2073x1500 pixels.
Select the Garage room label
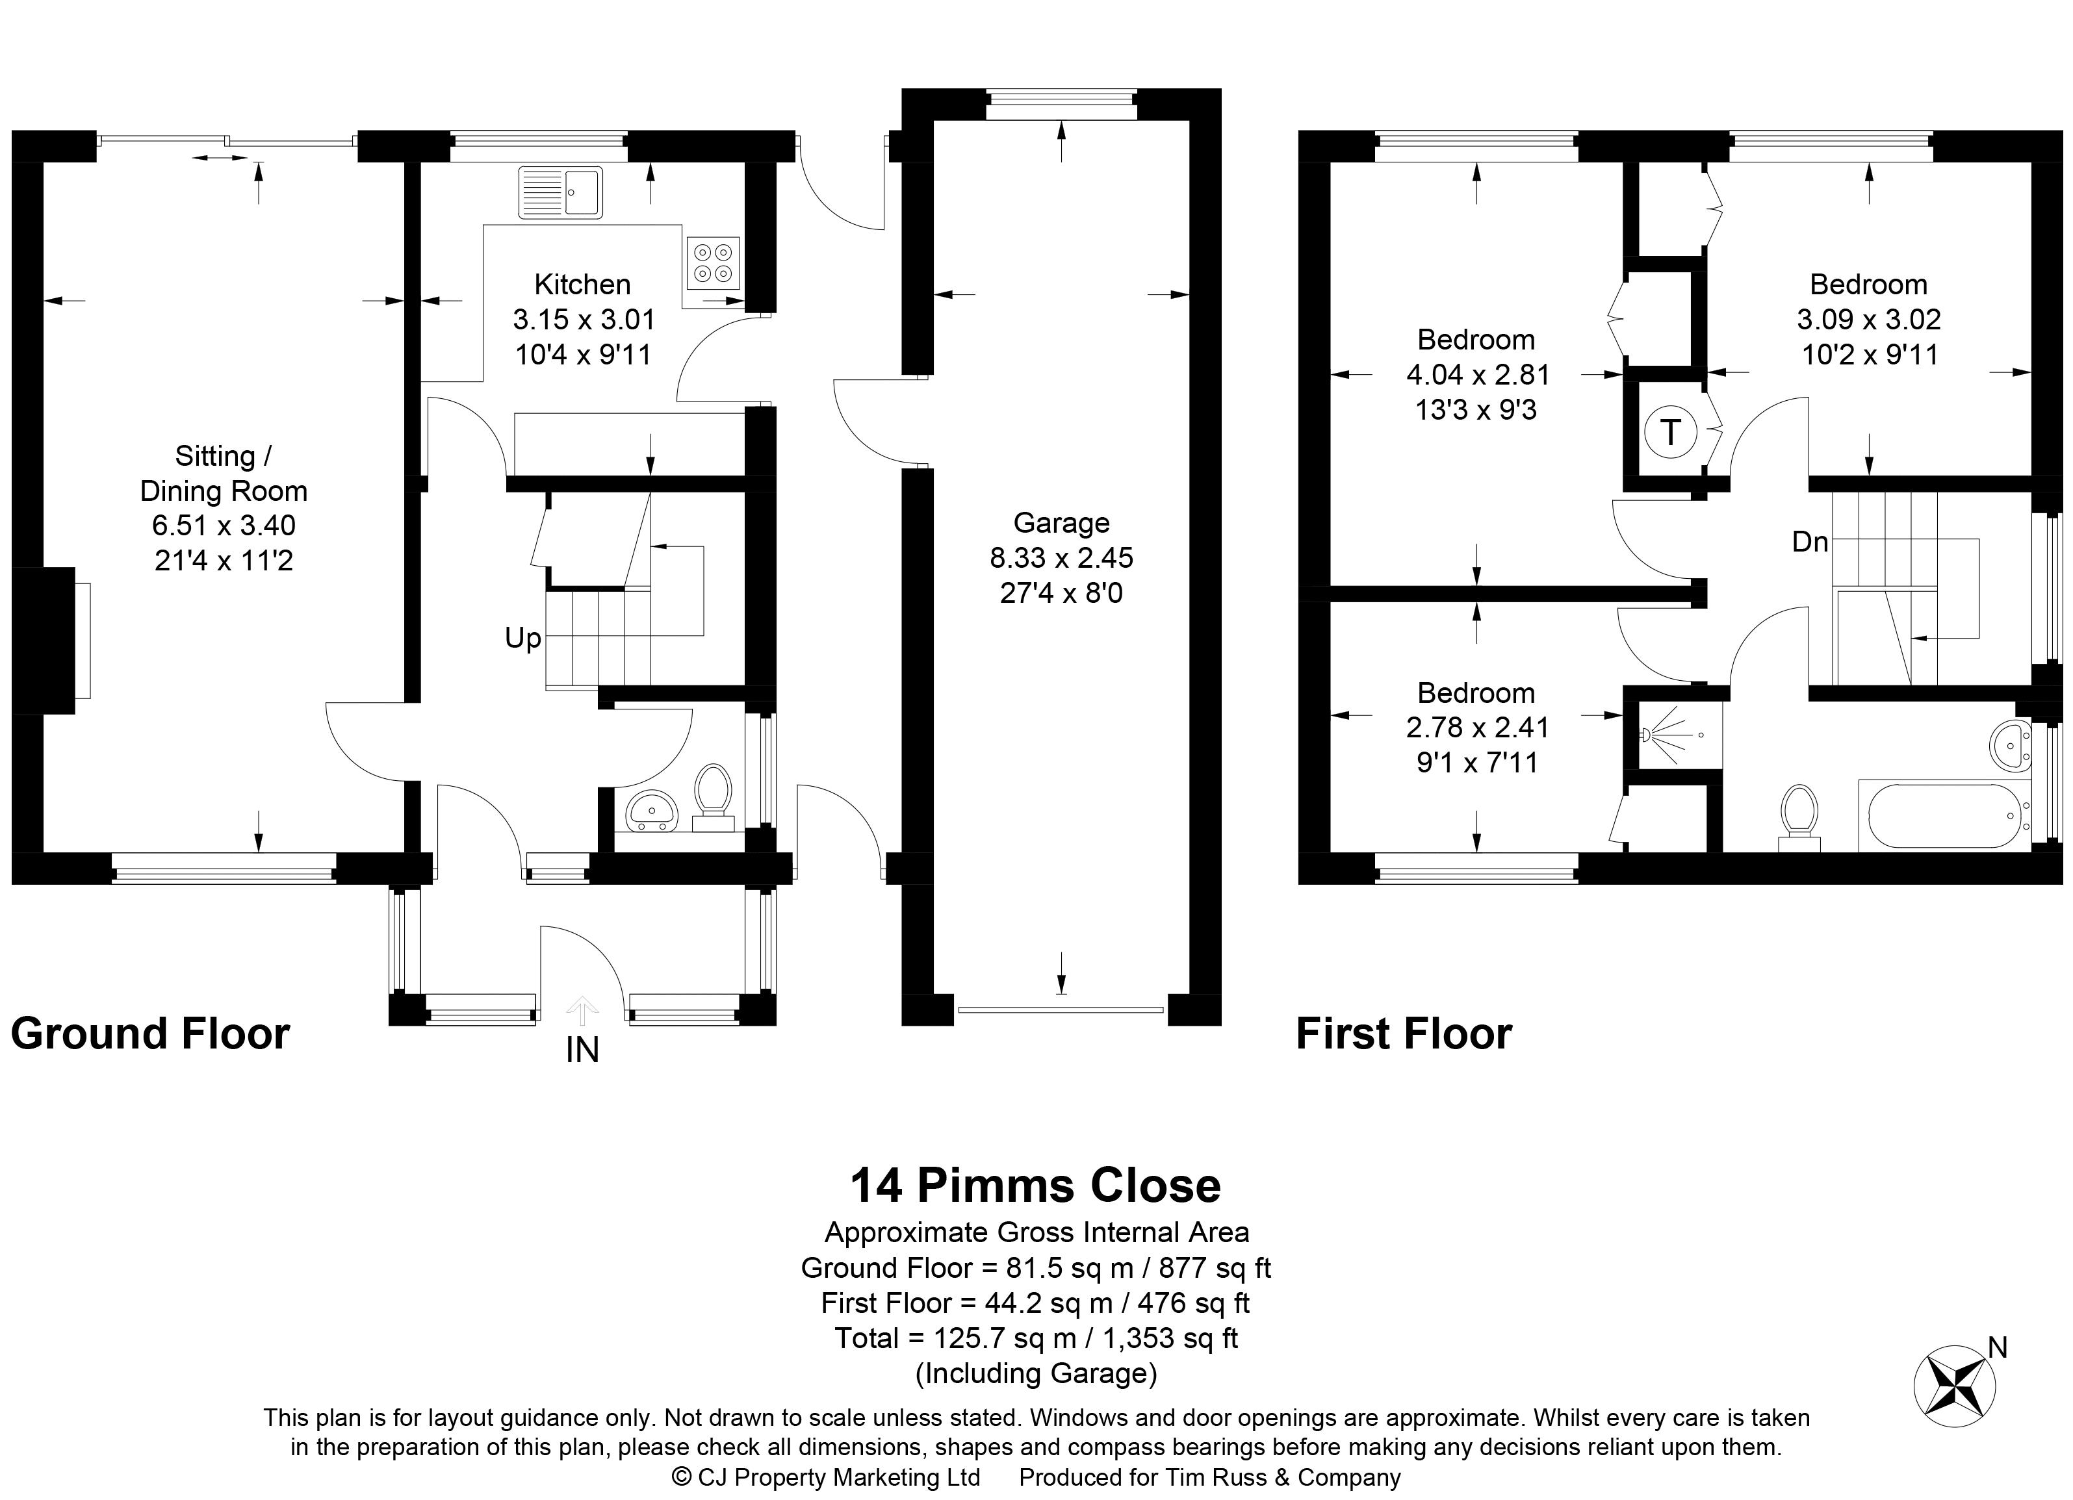click(x=1061, y=522)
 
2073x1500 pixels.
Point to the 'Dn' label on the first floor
click(x=1809, y=542)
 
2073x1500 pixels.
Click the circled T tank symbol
click(x=1670, y=431)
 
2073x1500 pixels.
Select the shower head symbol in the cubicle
click(x=1647, y=733)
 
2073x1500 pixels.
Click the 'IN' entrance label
click(x=582, y=1050)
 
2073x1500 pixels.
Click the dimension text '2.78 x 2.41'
click(x=1477, y=727)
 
